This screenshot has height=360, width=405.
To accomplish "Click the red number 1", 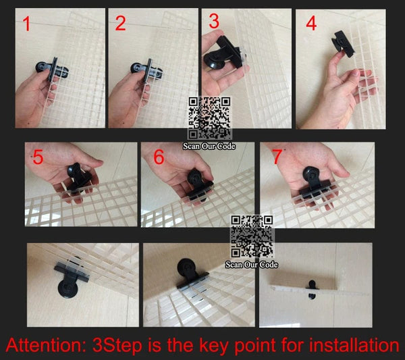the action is click(x=26, y=24).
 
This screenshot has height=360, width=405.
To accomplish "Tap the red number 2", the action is click(x=120, y=24).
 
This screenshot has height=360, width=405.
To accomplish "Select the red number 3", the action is click(x=214, y=21).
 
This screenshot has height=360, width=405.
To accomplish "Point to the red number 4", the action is click(x=311, y=23).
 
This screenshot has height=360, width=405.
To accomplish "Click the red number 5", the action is click(x=38, y=157).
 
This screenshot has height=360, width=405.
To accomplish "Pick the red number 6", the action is click(x=159, y=157).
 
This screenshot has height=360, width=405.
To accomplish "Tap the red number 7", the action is click(x=277, y=157).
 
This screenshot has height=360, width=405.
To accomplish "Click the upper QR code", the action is click(x=209, y=118).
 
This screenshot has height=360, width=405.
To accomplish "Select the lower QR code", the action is click(x=252, y=236).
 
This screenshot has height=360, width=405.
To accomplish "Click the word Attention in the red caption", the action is click(x=46, y=345).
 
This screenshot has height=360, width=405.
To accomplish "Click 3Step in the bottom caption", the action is click(x=117, y=346).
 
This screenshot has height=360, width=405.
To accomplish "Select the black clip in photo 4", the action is click(x=343, y=43).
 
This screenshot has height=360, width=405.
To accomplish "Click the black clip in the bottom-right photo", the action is click(x=313, y=290).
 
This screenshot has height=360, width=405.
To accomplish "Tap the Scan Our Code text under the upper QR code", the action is click(x=209, y=147).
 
